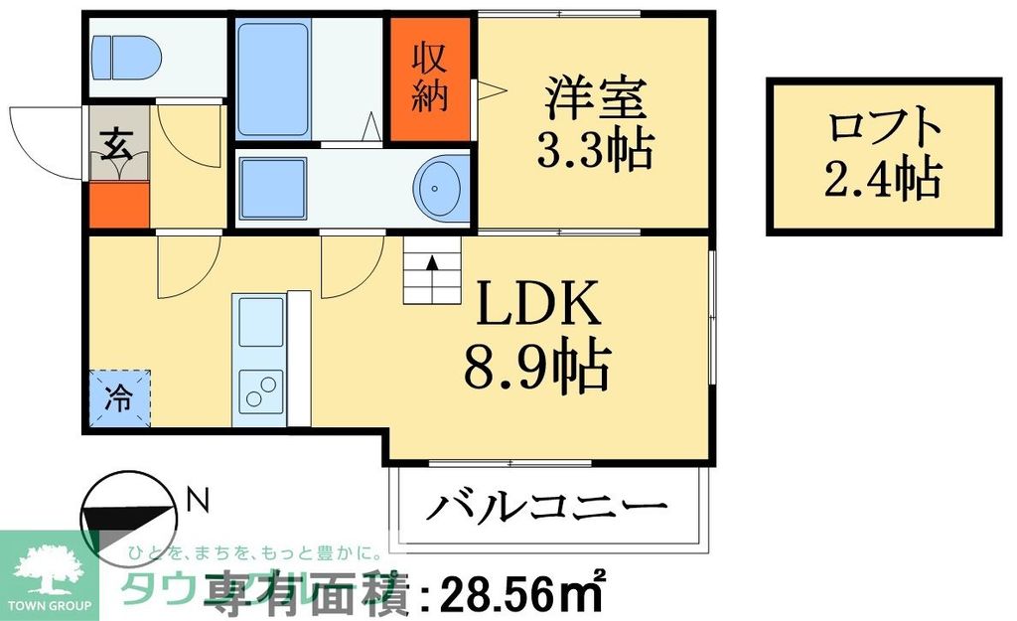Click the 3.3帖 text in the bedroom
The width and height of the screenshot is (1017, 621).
(594, 151)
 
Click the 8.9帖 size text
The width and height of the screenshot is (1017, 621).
(536, 367)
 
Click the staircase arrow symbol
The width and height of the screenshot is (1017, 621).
(433, 264)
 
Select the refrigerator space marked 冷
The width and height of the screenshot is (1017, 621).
(118, 398)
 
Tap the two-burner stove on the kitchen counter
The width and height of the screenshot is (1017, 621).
(261, 391)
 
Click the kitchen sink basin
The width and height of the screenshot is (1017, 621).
(260, 321)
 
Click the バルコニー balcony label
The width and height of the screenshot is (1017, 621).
(546, 509)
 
